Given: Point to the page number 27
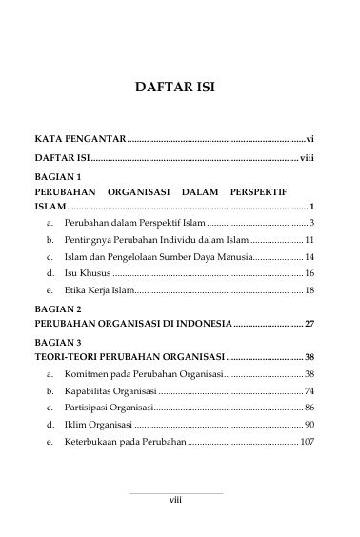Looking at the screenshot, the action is (310, 326).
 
